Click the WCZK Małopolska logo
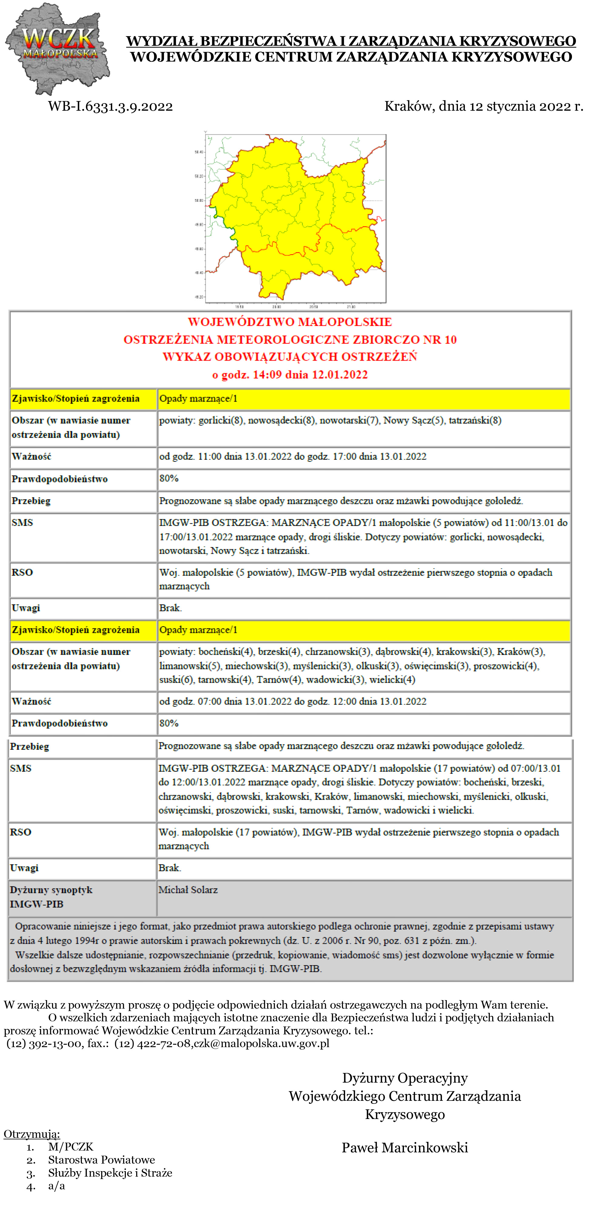pyautogui.click(x=57, y=48)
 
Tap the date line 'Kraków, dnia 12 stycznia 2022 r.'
pyautogui.click(x=483, y=106)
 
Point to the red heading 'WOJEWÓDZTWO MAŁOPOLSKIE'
pyautogui.click(x=290, y=322)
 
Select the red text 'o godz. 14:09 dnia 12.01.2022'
pyautogui.click(x=290, y=375)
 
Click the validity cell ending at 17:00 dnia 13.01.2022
pyautogui.click(x=292, y=456)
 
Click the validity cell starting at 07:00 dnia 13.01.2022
pyautogui.click(x=292, y=701)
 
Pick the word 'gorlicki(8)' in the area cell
pyautogui.click(x=221, y=421)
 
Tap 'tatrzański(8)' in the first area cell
pyautogui.click(x=475, y=421)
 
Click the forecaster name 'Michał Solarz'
pyautogui.click(x=188, y=889)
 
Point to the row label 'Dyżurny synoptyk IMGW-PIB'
pyautogui.click(x=51, y=897)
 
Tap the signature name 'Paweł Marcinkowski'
pyautogui.click(x=404, y=1147)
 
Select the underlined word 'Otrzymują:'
pyautogui.click(x=32, y=1134)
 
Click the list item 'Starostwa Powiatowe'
pyautogui.click(x=101, y=1159)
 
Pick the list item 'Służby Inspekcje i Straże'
pyautogui.click(x=110, y=1172)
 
